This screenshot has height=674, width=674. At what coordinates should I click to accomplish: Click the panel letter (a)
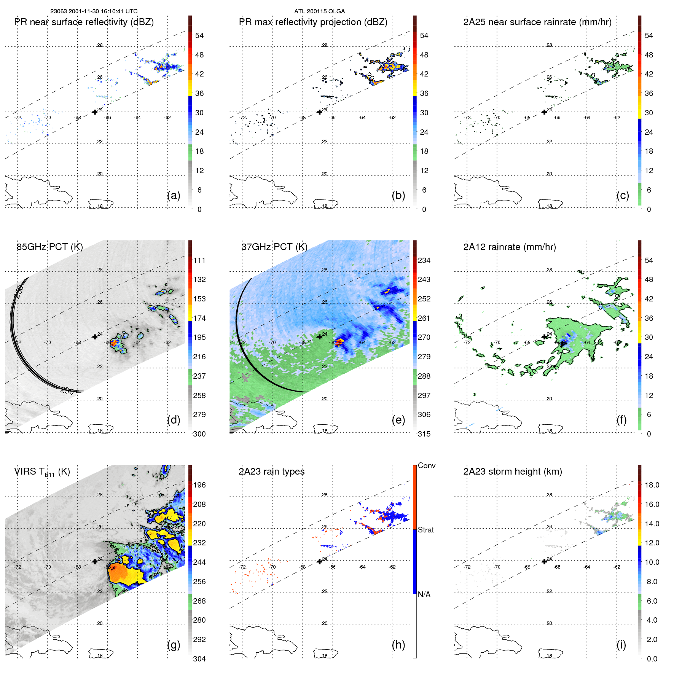pyautogui.click(x=174, y=195)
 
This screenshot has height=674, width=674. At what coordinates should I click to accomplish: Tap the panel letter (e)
pyautogui.click(x=398, y=420)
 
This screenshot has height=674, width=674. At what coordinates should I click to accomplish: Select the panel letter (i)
pyautogui.click(x=621, y=645)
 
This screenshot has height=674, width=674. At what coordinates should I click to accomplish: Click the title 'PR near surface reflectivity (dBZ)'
pyautogui.click(x=84, y=22)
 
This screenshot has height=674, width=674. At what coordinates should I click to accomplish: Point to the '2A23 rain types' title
pyautogui.click(x=271, y=472)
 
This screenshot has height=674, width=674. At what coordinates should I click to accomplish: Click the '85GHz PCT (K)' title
pyautogui.click(x=49, y=247)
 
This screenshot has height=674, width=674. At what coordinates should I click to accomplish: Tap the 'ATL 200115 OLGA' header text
pyautogui.click(x=319, y=11)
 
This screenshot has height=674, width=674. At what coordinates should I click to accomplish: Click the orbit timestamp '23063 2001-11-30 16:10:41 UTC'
pyautogui.click(x=94, y=11)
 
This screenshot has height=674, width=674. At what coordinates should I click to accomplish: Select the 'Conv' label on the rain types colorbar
pyautogui.click(x=426, y=465)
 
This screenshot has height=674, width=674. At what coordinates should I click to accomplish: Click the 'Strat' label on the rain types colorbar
pyautogui.click(x=425, y=530)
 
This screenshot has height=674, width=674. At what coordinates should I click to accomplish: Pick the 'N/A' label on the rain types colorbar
pyautogui.click(x=424, y=594)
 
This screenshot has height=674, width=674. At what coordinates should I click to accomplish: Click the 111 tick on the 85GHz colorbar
pyautogui.click(x=199, y=260)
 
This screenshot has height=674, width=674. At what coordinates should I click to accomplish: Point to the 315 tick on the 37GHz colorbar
pyautogui.click(x=424, y=434)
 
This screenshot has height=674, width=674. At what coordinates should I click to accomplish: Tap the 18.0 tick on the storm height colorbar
pyautogui.click(x=652, y=485)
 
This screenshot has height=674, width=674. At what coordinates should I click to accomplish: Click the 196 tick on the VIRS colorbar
pyautogui.click(x=199, y=485)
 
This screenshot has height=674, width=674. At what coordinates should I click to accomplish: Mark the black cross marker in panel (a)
pyautogui.click(x=95, y=112)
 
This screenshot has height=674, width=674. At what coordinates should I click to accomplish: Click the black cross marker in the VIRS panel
pyautogui.click(x=95, y=561)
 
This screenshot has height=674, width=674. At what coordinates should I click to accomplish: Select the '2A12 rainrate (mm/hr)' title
pyautogui.click(x=509, y=247)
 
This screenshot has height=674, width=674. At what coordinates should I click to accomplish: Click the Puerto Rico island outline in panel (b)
pyautogui.click(x=326, y=204)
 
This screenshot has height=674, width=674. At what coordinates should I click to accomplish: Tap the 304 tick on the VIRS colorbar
pyautogui.click(x=199, y=659)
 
